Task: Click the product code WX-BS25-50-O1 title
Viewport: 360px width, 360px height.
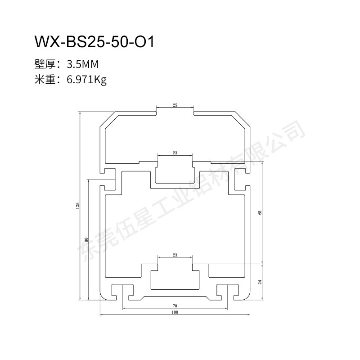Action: tap(94, 42)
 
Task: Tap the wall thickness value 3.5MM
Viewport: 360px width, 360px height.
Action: tap(82, 64)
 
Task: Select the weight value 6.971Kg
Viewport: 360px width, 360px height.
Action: tap(86, 80)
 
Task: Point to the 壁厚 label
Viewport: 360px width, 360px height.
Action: tap(45, 64)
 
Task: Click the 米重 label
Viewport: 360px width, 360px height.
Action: tap(45, 80)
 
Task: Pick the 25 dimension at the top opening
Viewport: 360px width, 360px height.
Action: tap(175, 105)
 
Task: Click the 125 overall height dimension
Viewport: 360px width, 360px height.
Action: tap(77, 205)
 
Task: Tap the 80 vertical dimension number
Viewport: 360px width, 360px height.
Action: tap(86, 240)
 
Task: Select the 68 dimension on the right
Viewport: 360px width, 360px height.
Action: tap(260, 212)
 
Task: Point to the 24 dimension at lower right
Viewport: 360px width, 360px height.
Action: tap(260, 282)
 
